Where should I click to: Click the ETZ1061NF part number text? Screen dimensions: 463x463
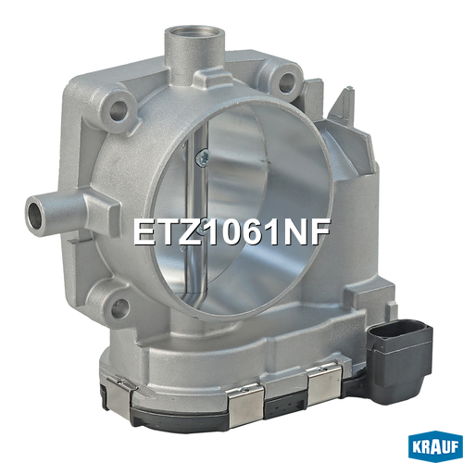coord(231,232)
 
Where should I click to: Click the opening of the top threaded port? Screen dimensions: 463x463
coord(194,33)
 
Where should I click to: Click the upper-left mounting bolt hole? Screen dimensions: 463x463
coord(119,109)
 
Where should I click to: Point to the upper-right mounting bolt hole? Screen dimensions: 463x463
coord(287,81)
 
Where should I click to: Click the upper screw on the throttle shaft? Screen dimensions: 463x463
coord(202,158)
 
